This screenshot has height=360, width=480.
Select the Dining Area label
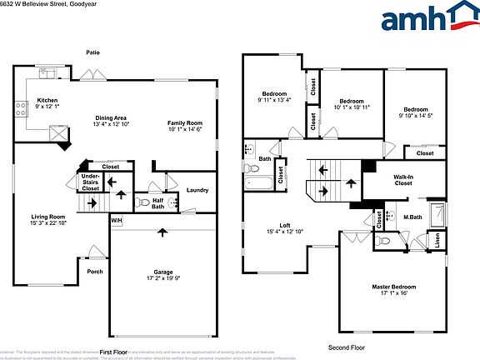pos(110,118)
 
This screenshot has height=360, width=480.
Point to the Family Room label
pos(185,123)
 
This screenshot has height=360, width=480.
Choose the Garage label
pos(162,272)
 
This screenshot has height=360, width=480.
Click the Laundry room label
pos(197,190)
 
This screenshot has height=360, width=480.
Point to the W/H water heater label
pos(117,220)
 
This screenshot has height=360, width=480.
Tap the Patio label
pos(92,52)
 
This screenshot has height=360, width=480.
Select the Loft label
pos(284,225)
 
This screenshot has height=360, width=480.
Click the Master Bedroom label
pos(393,287)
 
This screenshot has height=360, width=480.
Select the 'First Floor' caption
pos(116,352)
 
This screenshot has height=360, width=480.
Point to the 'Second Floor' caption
pos(347,347)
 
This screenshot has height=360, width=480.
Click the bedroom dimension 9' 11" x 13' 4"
pos(275,101)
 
